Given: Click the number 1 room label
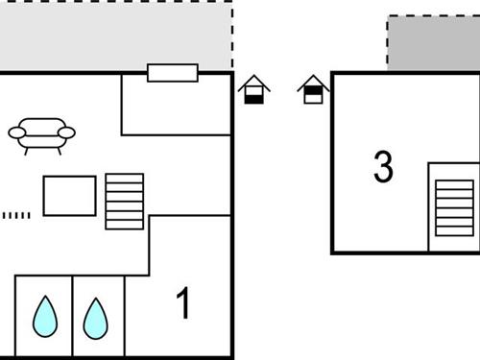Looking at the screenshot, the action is click(182, 304).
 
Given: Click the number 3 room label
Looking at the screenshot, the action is click(383, 167).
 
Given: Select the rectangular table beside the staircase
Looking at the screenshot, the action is click(69, 196).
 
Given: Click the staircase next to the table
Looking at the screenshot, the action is click(125, 202).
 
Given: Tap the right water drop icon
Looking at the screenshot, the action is click(95, 318).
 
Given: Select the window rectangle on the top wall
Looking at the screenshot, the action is click(173, 73).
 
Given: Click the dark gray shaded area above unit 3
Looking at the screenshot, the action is click(434, 44).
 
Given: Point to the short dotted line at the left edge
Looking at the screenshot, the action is click(16, 215).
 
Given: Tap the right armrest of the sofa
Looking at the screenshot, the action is click(66, 132).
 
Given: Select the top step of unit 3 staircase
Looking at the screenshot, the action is click(454, 184).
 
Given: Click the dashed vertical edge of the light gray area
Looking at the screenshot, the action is click(232, 36).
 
